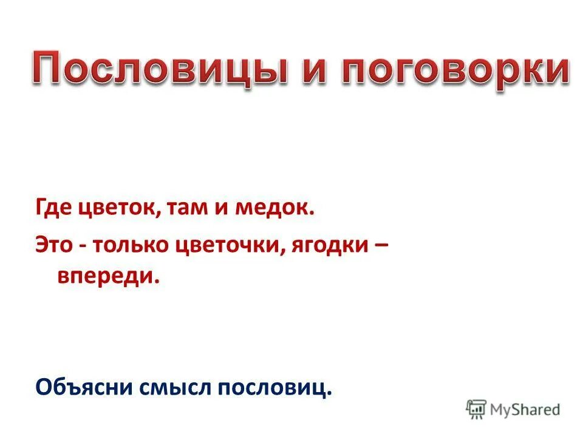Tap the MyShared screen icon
477,408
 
